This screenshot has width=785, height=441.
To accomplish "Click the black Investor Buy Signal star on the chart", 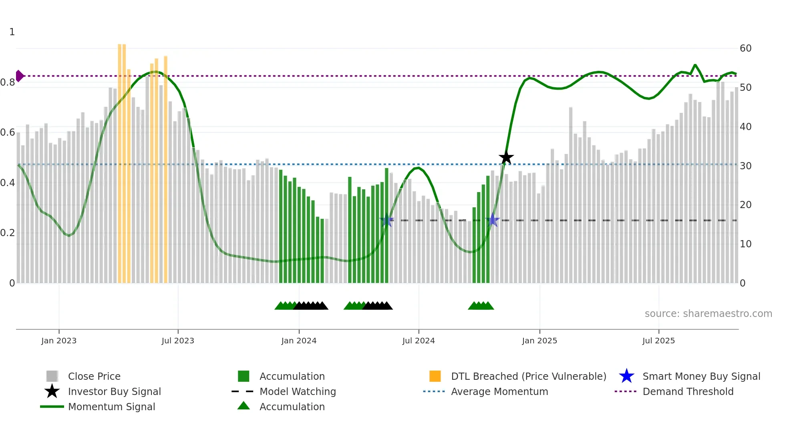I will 506,157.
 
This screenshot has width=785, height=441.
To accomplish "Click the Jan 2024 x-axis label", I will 299,341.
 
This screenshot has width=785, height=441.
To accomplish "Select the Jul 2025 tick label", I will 658,341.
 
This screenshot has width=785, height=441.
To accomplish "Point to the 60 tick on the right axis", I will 745,48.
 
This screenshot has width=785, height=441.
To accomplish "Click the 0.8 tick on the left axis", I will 8,82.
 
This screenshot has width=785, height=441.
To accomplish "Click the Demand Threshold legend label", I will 688,391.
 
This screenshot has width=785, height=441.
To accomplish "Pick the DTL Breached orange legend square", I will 435,376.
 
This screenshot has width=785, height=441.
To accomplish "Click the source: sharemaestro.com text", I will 708,314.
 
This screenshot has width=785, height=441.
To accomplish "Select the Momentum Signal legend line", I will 52,407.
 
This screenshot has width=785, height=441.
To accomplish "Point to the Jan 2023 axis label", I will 59,341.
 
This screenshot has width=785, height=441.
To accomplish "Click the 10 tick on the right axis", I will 745,244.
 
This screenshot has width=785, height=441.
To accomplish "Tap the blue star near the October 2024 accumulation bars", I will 493,220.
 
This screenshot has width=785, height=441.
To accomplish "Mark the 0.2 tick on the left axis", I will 8,233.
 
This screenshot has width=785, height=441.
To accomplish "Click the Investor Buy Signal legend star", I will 52,391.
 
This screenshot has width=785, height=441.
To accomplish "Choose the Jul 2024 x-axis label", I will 419,341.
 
